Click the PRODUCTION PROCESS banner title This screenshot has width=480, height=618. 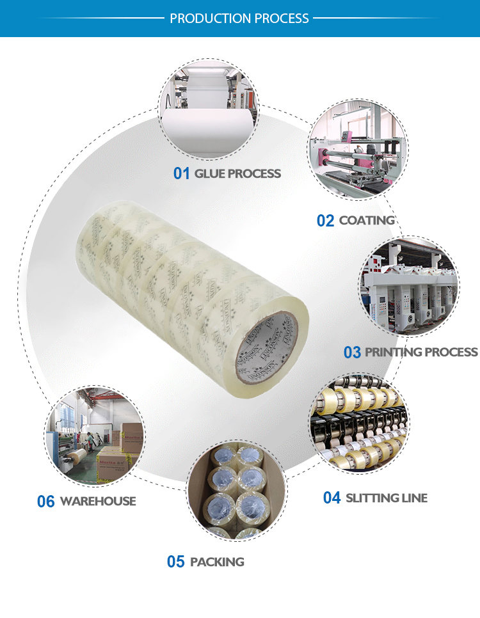[239, 19]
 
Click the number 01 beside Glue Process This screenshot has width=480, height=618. [182, 173]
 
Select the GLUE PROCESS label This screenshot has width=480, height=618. [237, 173]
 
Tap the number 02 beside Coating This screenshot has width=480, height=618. [326, 221]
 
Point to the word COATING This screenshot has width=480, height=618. [367, 221]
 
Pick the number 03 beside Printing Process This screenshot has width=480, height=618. [353, 352]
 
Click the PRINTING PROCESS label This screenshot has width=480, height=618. [421, 352]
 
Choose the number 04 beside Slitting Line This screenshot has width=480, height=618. [332, 498]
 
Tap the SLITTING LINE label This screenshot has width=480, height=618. [387, 498]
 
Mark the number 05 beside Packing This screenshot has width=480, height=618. [176, 562]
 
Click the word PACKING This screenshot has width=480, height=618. [217, 562]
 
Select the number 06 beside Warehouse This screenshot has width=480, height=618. [46, 502]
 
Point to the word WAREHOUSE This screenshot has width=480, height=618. [98, 502]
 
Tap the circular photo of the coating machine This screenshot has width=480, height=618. [358, 155]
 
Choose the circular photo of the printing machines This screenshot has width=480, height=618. [408, 287]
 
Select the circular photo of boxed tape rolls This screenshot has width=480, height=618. [237, 489]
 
